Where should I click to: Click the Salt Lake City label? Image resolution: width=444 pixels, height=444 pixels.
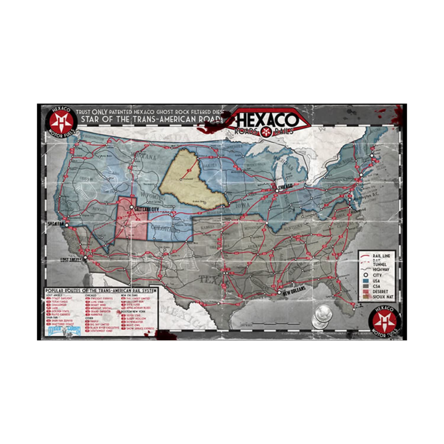coord(147,209)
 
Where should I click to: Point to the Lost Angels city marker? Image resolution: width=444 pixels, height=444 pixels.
coord(86,258)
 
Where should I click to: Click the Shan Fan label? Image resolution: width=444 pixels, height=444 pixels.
coord(55,224)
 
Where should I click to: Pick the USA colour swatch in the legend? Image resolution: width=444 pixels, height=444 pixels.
coord(366,281)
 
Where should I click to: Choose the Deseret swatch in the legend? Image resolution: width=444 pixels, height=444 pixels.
coord(366,292)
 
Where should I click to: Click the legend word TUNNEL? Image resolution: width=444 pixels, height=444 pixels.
coord(379,264)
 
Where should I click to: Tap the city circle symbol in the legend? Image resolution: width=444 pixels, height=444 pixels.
coord(366,275)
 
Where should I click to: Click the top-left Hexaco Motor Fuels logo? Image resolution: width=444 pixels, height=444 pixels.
coord(62,121)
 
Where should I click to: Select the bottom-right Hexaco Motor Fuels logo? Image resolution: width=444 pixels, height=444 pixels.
coord(384,321)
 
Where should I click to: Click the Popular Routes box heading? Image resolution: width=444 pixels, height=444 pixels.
coord(101,291)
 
